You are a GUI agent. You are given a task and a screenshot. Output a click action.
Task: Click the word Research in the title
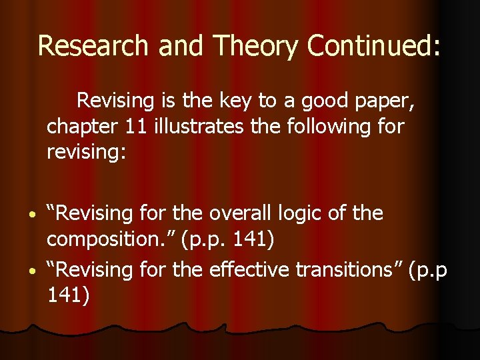pos(84,46)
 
